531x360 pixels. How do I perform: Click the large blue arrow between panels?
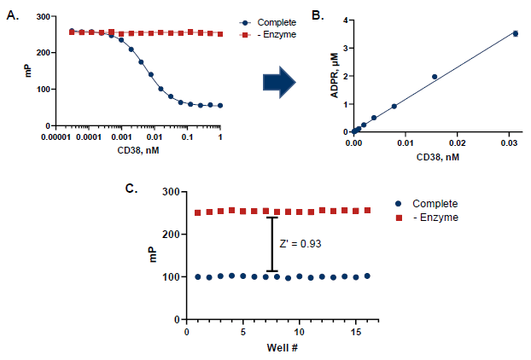click(x=278, y=83)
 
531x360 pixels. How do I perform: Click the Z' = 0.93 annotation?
click(x=300, y=244)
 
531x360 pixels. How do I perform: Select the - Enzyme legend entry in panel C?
click(x=430, y=218)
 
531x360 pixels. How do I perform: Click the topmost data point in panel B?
click(x=515, y=33)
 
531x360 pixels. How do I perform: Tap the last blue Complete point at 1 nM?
click(x=220, y=106)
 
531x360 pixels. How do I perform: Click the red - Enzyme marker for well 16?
click(x=367, y=210)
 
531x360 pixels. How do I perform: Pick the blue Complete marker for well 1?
click(x=198, y=276)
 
